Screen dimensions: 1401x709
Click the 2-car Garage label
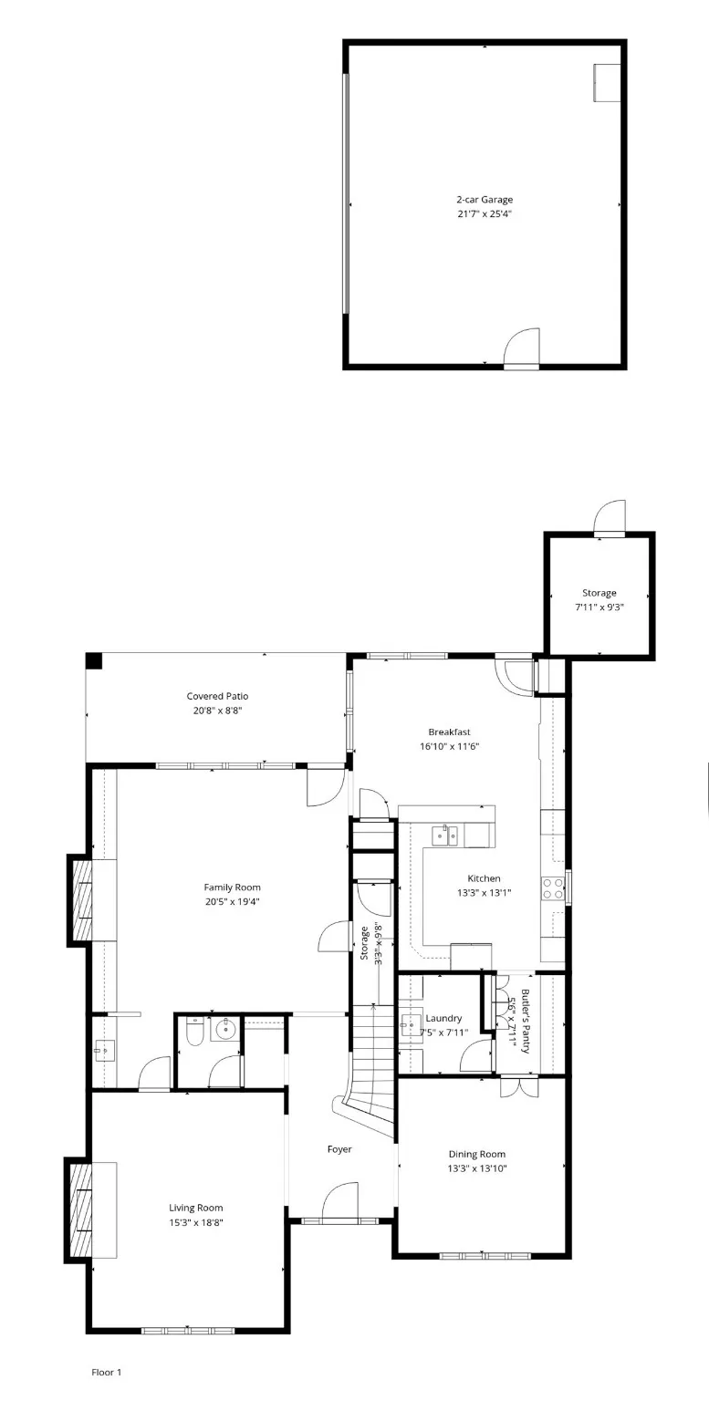484,199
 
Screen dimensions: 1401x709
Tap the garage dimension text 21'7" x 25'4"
484,213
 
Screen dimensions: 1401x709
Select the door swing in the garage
523,347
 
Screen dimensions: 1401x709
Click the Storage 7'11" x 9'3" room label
600,593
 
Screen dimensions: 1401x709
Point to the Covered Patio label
217,696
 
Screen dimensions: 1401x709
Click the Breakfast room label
449,732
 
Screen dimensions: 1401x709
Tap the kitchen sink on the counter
445,834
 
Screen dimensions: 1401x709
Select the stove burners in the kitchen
553,888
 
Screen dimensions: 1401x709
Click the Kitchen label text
484,879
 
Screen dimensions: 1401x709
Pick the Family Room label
232,887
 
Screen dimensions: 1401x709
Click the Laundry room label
443,1018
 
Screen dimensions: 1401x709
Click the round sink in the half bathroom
224,1032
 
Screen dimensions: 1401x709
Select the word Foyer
339,1149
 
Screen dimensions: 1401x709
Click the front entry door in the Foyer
340,1200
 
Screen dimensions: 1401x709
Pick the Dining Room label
476,1154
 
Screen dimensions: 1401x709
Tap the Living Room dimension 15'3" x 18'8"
195,1222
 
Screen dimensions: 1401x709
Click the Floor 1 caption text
106,1372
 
